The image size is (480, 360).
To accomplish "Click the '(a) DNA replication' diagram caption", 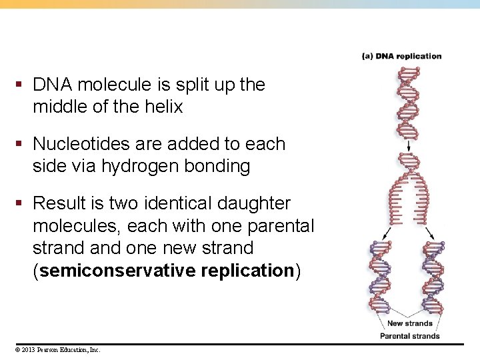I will coord(401,56).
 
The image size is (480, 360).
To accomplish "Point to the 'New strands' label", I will coord(409,323).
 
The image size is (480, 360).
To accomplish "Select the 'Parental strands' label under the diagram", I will coord(409,335).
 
